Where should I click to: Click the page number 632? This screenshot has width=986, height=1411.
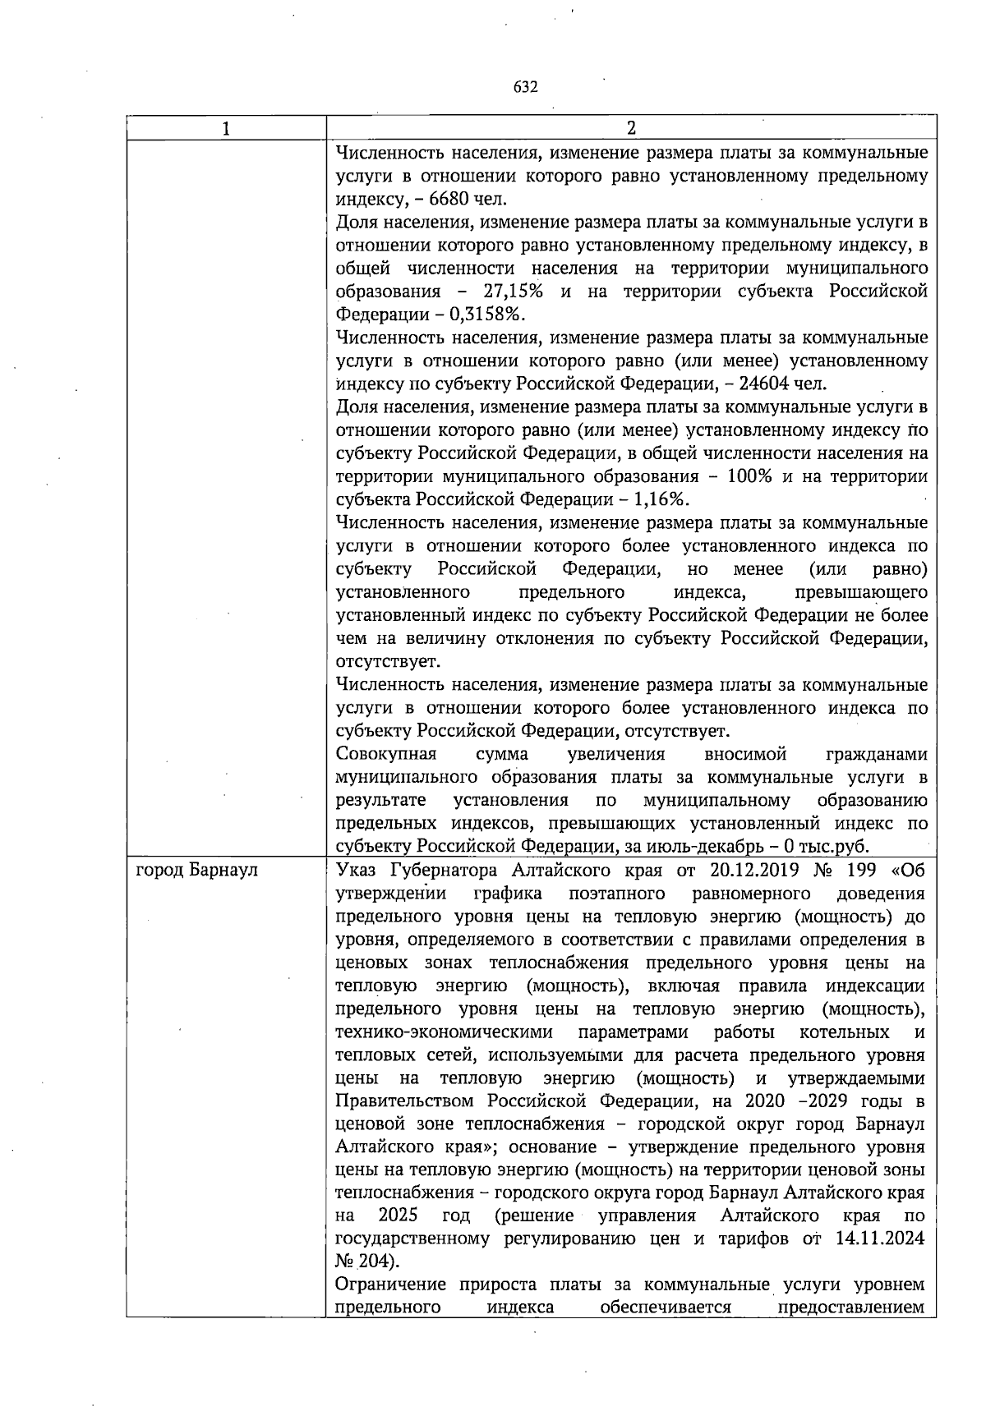tap(525, 87)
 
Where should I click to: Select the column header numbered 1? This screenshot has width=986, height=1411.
tap(226, 128)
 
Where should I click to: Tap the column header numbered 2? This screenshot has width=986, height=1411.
tap(631, 128)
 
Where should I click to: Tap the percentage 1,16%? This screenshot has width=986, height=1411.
tap(662, 500)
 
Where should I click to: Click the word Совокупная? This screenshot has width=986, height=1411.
tap(386, 755)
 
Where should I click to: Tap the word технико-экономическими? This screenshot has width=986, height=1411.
tap(445, 1032)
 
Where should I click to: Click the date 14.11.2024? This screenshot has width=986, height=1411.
tap(881, 1239)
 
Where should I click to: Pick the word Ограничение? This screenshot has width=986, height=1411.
tap(390, 1285)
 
